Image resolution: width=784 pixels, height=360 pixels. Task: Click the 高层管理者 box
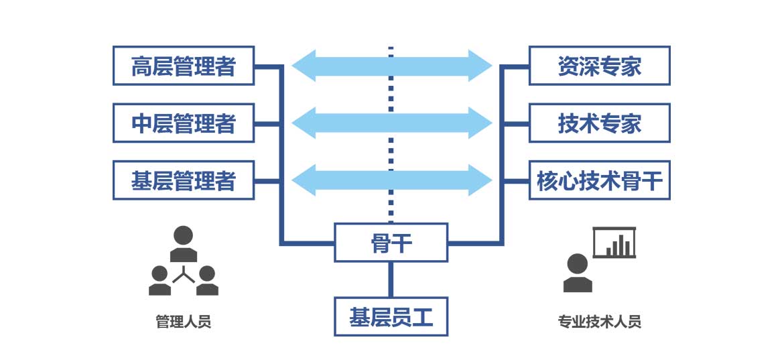[183, 66]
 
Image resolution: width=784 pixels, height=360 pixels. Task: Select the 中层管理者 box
[183, 123]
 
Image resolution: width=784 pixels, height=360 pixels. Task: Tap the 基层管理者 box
[183, 180]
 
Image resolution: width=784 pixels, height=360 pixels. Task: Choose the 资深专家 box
[599, 66]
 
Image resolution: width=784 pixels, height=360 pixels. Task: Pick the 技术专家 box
[599, 123]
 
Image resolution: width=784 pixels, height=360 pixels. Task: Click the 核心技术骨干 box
[599, 180]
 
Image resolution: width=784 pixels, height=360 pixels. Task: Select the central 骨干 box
[391, 243]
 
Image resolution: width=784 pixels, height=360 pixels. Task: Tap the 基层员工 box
[391, 316]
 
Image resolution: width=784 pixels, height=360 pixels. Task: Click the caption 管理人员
[183, 321]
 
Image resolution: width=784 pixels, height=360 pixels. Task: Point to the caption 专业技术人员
[599, 321]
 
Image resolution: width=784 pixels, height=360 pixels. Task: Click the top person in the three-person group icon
[183, 243]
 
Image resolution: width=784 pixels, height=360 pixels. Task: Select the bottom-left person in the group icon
[159, 280]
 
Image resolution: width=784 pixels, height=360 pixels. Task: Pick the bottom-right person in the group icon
[207, 280]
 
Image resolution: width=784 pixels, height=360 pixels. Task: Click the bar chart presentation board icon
[614, 243]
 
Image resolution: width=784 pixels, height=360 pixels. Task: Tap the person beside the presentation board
[577, 274]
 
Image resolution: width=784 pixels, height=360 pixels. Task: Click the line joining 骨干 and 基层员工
[391, 280]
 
